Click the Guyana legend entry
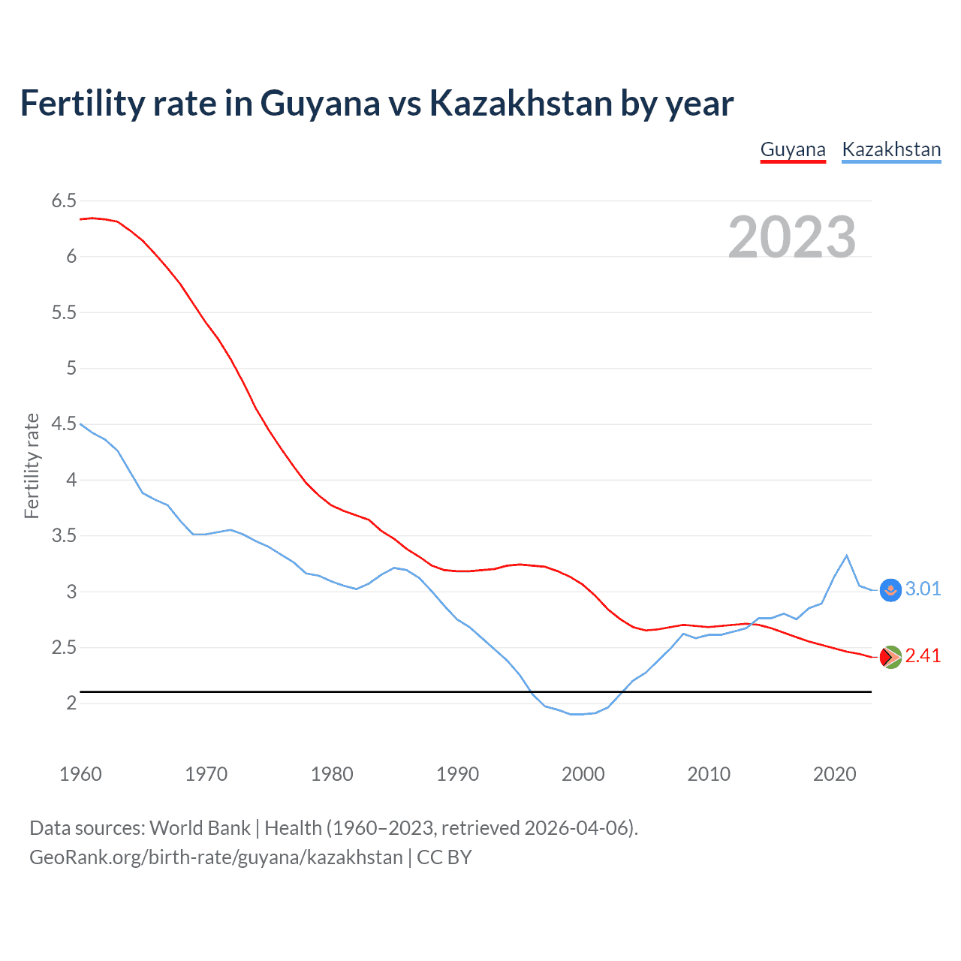pos(793,149)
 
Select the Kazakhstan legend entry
pos(891,149)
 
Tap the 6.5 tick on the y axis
pos(64,200)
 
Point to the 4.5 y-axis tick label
pos(64,424)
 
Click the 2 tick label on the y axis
pos(71,703)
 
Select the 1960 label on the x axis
pos(80,774)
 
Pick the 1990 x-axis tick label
pos(457,774)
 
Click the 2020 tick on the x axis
pos(834,774)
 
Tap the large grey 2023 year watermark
pos(792,237)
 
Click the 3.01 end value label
pos(923,589)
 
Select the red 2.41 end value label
pos(923,655)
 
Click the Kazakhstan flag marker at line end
pos(890,590)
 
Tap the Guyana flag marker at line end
pos(890,657)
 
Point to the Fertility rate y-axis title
pos(32,465)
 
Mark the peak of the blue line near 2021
pos(847,556)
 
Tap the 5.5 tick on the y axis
pos(64,312)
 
